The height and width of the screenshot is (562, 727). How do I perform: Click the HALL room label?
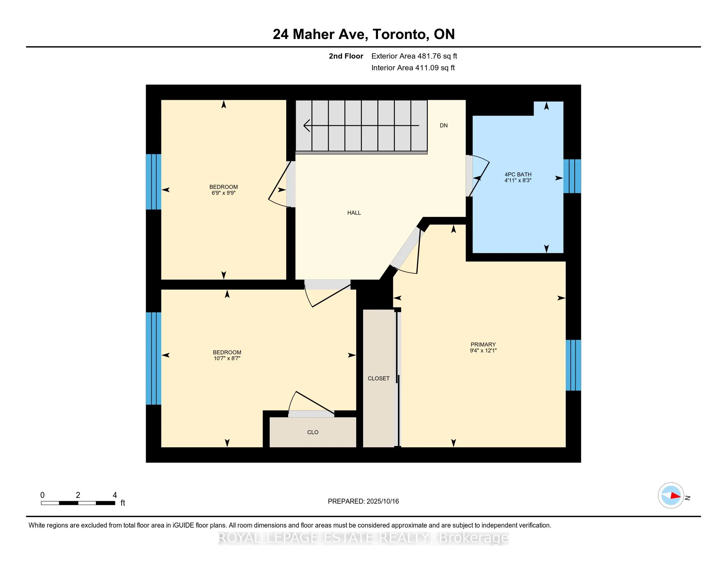pos(354,213)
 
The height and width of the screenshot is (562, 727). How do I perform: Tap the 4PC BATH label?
pos(518,174)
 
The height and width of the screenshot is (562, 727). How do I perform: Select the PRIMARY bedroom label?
pos(483,344)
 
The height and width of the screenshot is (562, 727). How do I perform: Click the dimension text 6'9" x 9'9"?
pos(223,193)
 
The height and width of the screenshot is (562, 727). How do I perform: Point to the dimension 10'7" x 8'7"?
pos(227,358)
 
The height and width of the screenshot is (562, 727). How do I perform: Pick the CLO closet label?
pos(313,432)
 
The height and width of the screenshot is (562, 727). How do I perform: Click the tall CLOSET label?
pos(378,378)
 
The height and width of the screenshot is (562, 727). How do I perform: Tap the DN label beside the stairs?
pos(443,126)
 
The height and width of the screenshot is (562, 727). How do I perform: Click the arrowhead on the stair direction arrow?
pos(307,126)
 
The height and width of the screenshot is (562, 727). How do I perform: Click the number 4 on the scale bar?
pos(115,495)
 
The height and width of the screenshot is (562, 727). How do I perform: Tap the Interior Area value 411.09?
pos(426,67)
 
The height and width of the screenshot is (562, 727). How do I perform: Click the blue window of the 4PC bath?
pos(572,176)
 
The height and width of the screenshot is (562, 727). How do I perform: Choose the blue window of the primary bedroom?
pos(574,365)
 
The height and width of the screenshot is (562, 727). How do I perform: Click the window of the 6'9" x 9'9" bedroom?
pos(153,182)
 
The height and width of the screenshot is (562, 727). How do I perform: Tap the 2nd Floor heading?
pos(346,56)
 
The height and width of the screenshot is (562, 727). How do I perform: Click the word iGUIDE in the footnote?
pos(183,525)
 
